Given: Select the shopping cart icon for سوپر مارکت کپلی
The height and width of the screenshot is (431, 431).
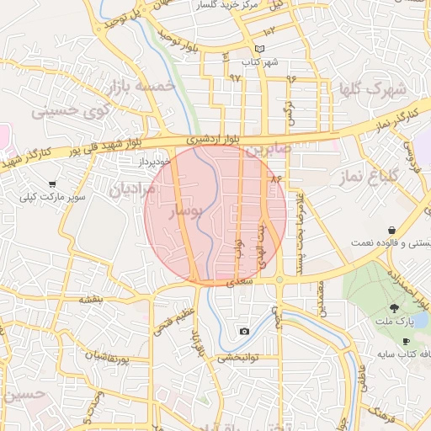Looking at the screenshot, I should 52,184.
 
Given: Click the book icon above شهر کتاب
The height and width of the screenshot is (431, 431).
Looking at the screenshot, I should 259,49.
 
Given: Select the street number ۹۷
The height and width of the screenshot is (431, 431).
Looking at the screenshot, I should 234,77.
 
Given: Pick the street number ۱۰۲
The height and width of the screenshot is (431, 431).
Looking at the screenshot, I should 280,31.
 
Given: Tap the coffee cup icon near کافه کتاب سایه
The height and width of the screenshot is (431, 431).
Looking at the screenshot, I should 407,342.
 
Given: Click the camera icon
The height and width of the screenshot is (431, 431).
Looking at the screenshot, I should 244,331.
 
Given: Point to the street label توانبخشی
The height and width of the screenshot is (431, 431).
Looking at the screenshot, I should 240,359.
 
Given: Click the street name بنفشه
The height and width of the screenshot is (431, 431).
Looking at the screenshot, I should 91,300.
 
